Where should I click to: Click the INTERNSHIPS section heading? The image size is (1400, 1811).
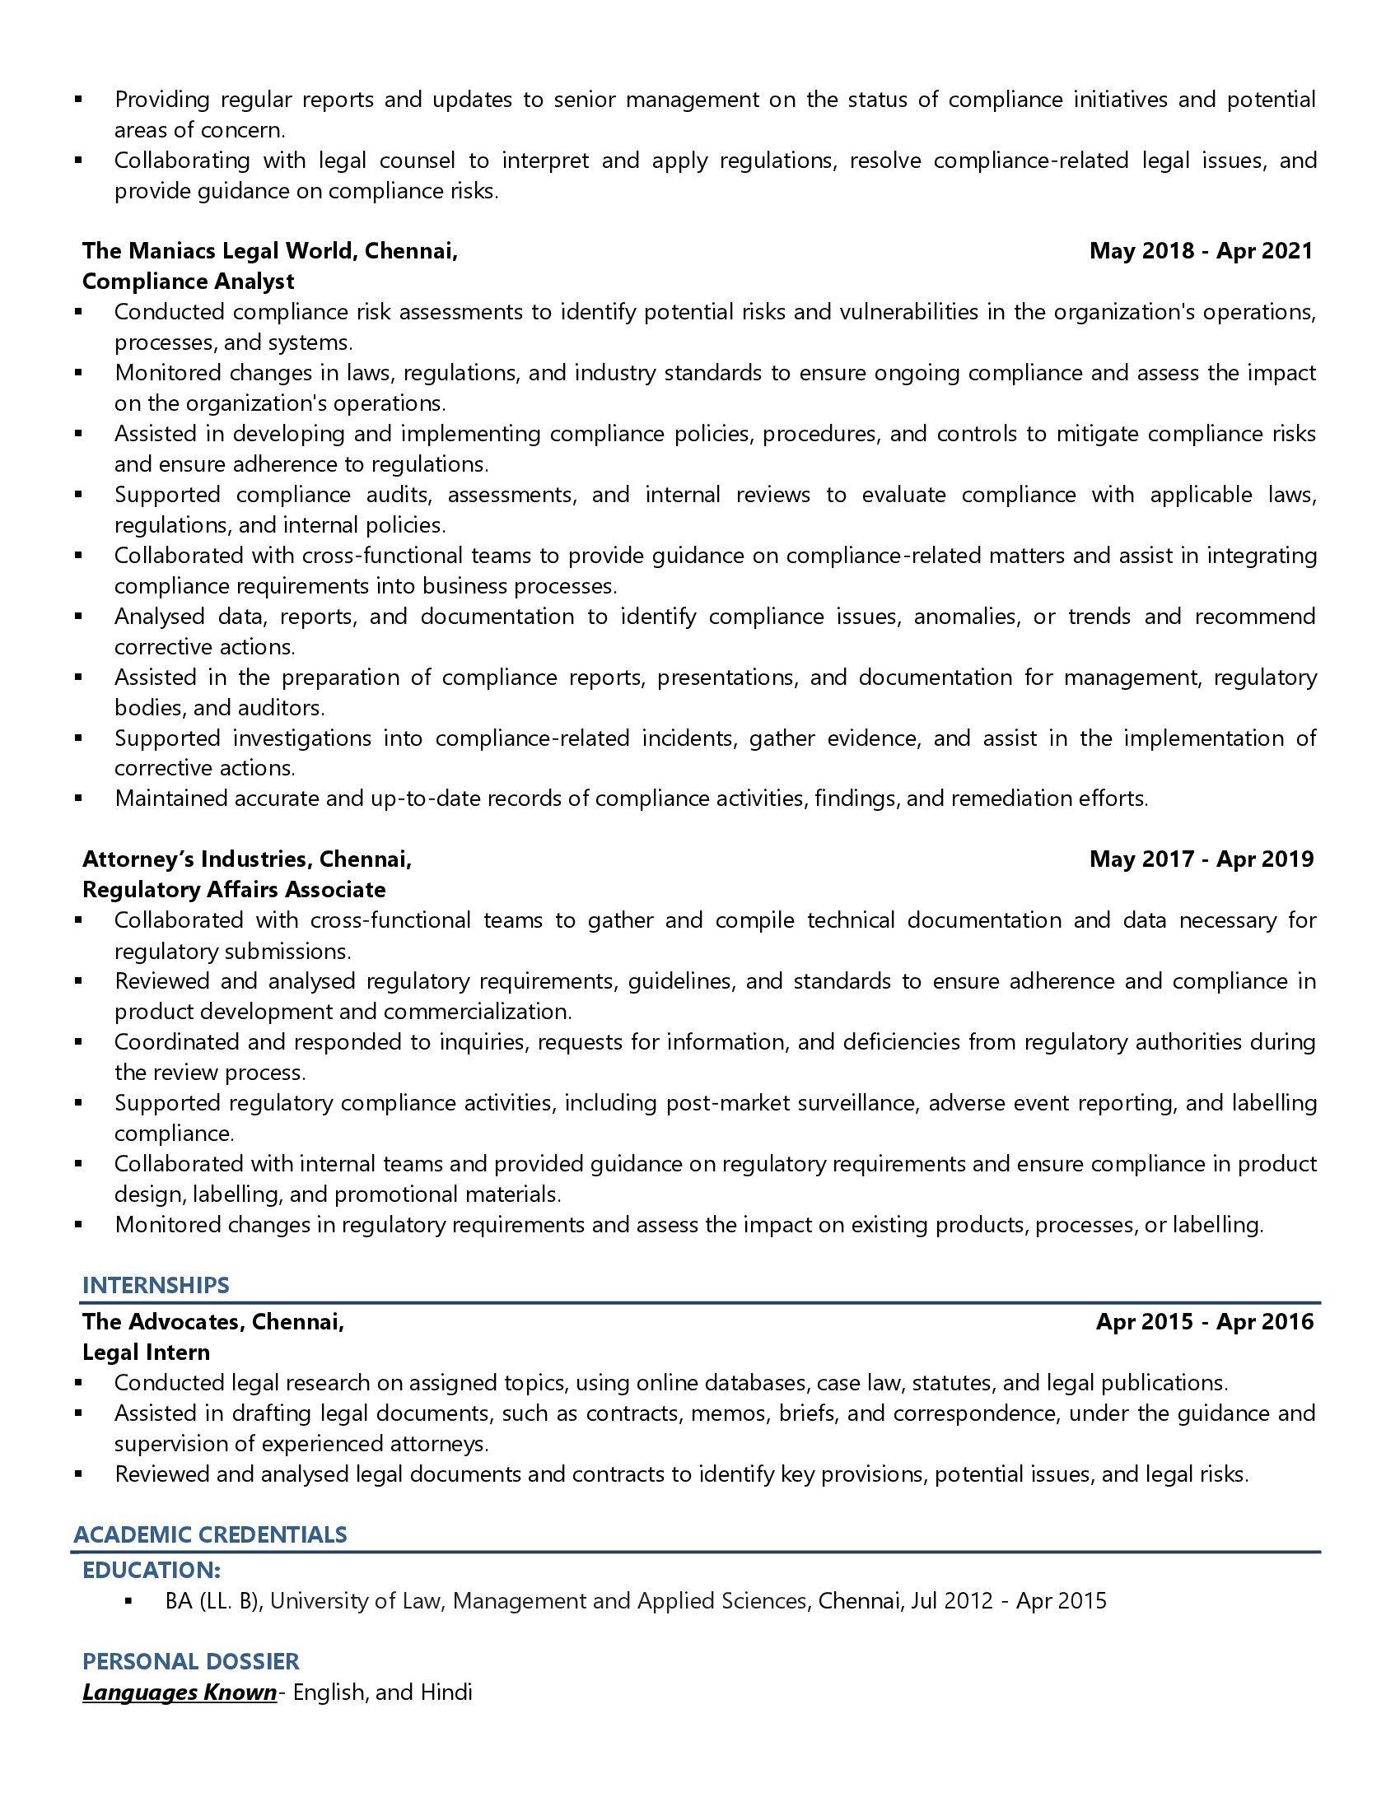pos(155,1285)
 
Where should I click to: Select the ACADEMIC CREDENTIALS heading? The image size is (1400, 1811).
pos(210,1534)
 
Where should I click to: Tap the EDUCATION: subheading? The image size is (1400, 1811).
pos(151,1570)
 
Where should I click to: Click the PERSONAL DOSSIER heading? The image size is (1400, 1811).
pos(191,1661)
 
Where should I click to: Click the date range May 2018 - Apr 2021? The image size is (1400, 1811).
pos(1201,250)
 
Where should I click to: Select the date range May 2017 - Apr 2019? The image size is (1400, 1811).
pos(1201,859)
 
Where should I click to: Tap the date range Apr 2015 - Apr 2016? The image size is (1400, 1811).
pos(1204,1321)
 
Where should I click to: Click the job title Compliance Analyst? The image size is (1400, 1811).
pos(189,281)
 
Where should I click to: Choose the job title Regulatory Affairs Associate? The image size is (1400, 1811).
pos(234,889)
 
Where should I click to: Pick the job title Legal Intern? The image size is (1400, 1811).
pos(146,1352)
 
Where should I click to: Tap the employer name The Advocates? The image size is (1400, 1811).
pos(161,1321)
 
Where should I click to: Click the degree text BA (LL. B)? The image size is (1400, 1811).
pos(212,1600)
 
